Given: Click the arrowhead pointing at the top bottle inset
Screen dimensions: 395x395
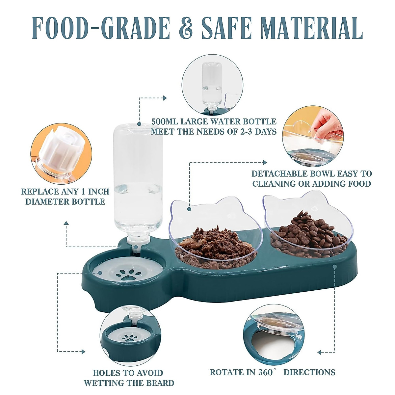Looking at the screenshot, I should [x=165, y=98].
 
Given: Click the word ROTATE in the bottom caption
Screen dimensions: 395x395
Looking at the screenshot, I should [x=227, y=372].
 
